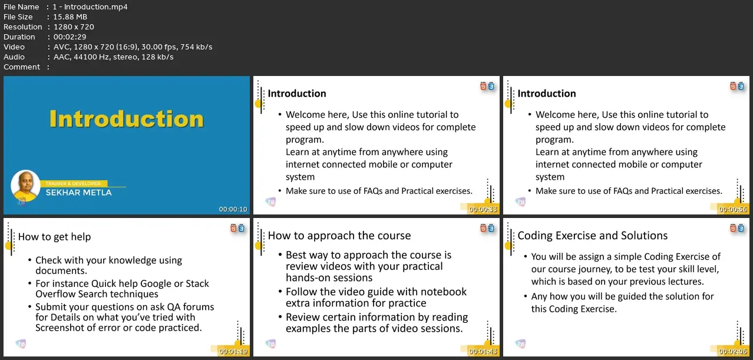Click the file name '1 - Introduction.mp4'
tap(90, 6)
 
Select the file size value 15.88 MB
tap(70, 17)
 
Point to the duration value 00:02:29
tap(70, 37)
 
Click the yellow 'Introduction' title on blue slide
tap(127, 119)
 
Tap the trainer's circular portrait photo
tap(25, 186)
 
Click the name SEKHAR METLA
tap(79, 193)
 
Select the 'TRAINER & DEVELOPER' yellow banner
tap(73, 183)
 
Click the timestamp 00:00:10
tap(233, 209)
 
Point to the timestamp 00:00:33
tap(483, 209)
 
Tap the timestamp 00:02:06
tap(733, 351)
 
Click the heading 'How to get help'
tap(54, 237)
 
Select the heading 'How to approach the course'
tap(339, 236)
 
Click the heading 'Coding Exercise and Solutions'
tap(593, 236)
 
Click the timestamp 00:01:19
tap(233, 351)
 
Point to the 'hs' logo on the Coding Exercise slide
tap(520, 344)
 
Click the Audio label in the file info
tap(14, 57)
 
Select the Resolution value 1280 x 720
tap(74, 27)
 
